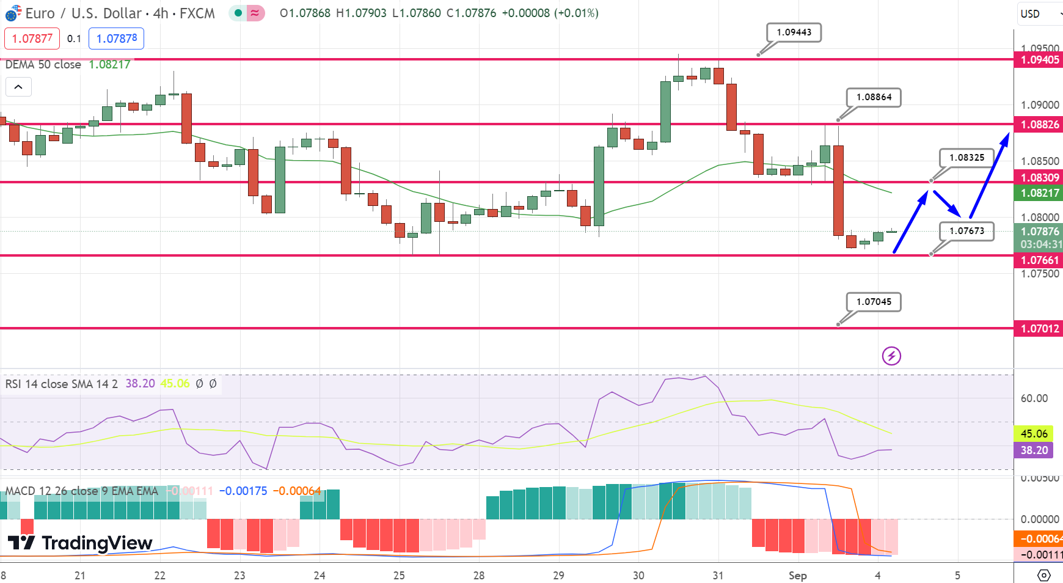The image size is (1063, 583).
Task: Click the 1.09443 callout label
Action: [794, 32]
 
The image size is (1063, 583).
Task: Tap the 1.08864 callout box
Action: [874, 97]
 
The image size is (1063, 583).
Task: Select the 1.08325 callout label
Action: [966, 158]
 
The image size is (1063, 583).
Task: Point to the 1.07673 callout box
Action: [966, 231]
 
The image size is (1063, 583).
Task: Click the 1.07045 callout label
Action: [874, 302]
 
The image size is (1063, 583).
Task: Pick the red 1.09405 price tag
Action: [1039, 60]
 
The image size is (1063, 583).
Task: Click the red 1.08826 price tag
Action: [1039, 125]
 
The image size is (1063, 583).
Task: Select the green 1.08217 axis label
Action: [1039, 193]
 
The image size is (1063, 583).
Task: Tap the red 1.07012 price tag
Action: [1039, 329]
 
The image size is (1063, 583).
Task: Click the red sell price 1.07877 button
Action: [32, 38]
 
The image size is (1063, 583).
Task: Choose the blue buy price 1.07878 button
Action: [117, 38]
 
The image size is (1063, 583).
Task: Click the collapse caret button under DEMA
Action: [18, 87]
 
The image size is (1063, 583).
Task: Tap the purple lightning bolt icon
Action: [891, 356]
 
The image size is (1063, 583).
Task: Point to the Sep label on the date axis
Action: [797, 576]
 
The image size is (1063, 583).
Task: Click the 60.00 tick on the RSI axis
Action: [1034, 398]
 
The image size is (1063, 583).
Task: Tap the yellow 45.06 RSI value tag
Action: [1034, 434]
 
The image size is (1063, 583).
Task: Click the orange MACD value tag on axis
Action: [1039, 539]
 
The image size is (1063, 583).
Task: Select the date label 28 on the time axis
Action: [479, 576]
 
